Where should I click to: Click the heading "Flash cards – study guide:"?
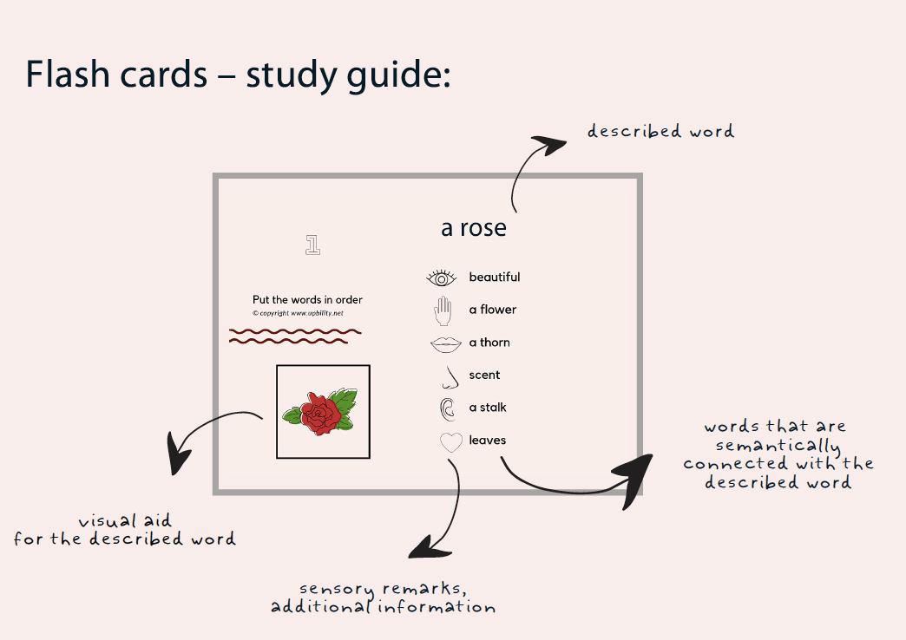238,75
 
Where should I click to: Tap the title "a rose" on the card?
473,228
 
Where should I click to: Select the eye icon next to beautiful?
442,278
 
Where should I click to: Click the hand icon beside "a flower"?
443,310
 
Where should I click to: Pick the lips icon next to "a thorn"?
445,343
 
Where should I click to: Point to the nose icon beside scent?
449,376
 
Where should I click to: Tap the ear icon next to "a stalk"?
448,408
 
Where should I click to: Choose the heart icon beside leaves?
451,441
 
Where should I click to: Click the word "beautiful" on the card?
495,278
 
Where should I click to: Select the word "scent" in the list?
484,376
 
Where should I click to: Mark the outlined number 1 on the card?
313,245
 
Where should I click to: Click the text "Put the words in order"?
307,300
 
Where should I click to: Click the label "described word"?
660,132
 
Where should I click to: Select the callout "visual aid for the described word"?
125,530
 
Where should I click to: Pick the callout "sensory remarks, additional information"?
383,598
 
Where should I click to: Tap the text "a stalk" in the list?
488,408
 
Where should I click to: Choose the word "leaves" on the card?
487,441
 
